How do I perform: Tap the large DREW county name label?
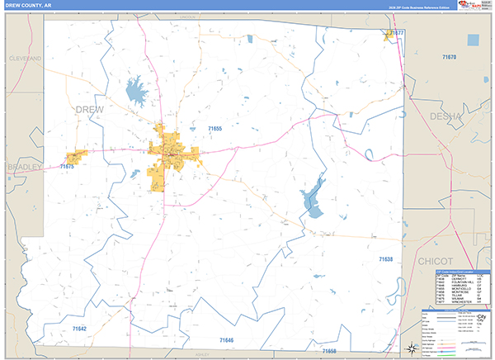pyautogui.click(x=92, y=109)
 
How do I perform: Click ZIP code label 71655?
pyautogui.click(x=215, y=129)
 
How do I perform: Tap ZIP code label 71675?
pyautogui.click(x=68, y=167)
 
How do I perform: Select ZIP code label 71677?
pyautogui.click(x=397, y=32)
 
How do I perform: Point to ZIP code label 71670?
pyautogui.click(x=448, y=57)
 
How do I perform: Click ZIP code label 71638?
pyautogui.click(x=387, y=260)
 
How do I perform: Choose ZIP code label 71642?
pyautogui.click(x=79, y=329)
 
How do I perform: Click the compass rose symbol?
pyautogui.click(x=410, y=347)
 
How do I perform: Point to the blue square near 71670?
pyautogui.click(x=473, y=39)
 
